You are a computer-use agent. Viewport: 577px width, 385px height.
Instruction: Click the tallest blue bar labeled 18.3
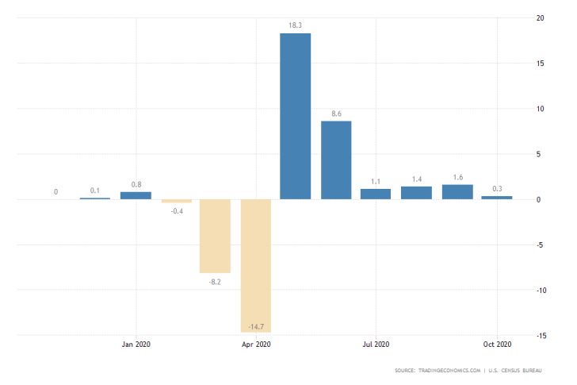click(296, 116)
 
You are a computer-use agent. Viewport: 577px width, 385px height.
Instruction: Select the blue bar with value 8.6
click(336, 160)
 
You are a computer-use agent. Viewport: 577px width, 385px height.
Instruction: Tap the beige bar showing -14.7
click(256, 265)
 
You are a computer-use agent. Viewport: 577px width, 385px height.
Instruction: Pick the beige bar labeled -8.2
click(215, 236)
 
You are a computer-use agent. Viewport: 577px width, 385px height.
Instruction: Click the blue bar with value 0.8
click(136, 195)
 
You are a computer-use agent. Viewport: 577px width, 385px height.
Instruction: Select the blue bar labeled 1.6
click(457, 191)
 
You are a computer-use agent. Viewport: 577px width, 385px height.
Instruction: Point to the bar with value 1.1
click(376, 194)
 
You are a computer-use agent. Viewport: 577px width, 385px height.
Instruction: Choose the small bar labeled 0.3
click(497, 198)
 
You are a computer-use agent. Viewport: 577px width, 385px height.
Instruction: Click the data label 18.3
click(296, 26)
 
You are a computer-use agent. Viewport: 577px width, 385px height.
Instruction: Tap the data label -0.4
click(176, 210)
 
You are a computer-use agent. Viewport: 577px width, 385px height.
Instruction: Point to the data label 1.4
click(416, 179)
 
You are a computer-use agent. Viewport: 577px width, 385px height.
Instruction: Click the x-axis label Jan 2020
click(136, 344)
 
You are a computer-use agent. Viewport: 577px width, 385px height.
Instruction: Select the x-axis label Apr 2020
click(256, 344)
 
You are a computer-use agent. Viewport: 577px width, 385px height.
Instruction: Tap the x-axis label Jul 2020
click(376, 344)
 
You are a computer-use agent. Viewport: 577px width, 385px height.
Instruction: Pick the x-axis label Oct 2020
click(497, 344)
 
